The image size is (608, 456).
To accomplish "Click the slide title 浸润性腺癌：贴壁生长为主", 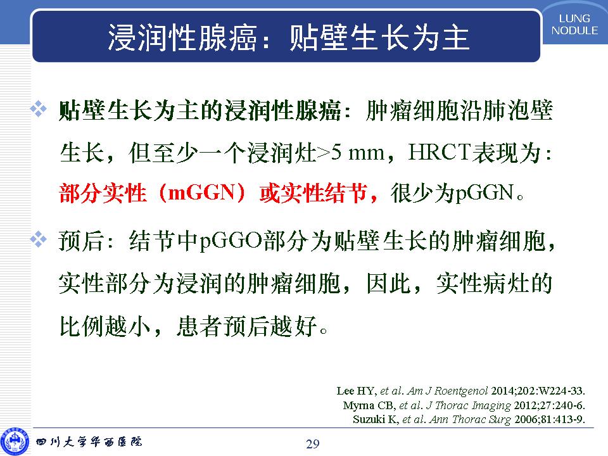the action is pyautogui.click(x=289, y=37).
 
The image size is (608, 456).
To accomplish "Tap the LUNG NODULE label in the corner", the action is pyautogui.click(x=574, y=25).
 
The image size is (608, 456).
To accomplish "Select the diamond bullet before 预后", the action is pyautogui.click(x=39, y=239).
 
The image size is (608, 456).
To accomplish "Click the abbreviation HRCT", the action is pyautogui.click(x=440, y=152).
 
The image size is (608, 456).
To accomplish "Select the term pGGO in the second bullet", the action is pyautogui.click(x=231, y=241).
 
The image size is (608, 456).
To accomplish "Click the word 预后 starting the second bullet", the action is pyautogui.click(x=81, y=241).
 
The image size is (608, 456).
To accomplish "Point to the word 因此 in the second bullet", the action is pyautogui.click(x=389, y=284).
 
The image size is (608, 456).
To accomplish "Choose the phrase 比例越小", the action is pyautogui.click(x=104, y=326).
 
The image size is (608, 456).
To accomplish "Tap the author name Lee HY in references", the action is pyautogui.click(x=356, y=391).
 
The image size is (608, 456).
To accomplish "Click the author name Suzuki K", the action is pyautogui.click(x=376, y=419).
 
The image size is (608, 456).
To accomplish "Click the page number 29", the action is pyautogui.click(x=312, y=443).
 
